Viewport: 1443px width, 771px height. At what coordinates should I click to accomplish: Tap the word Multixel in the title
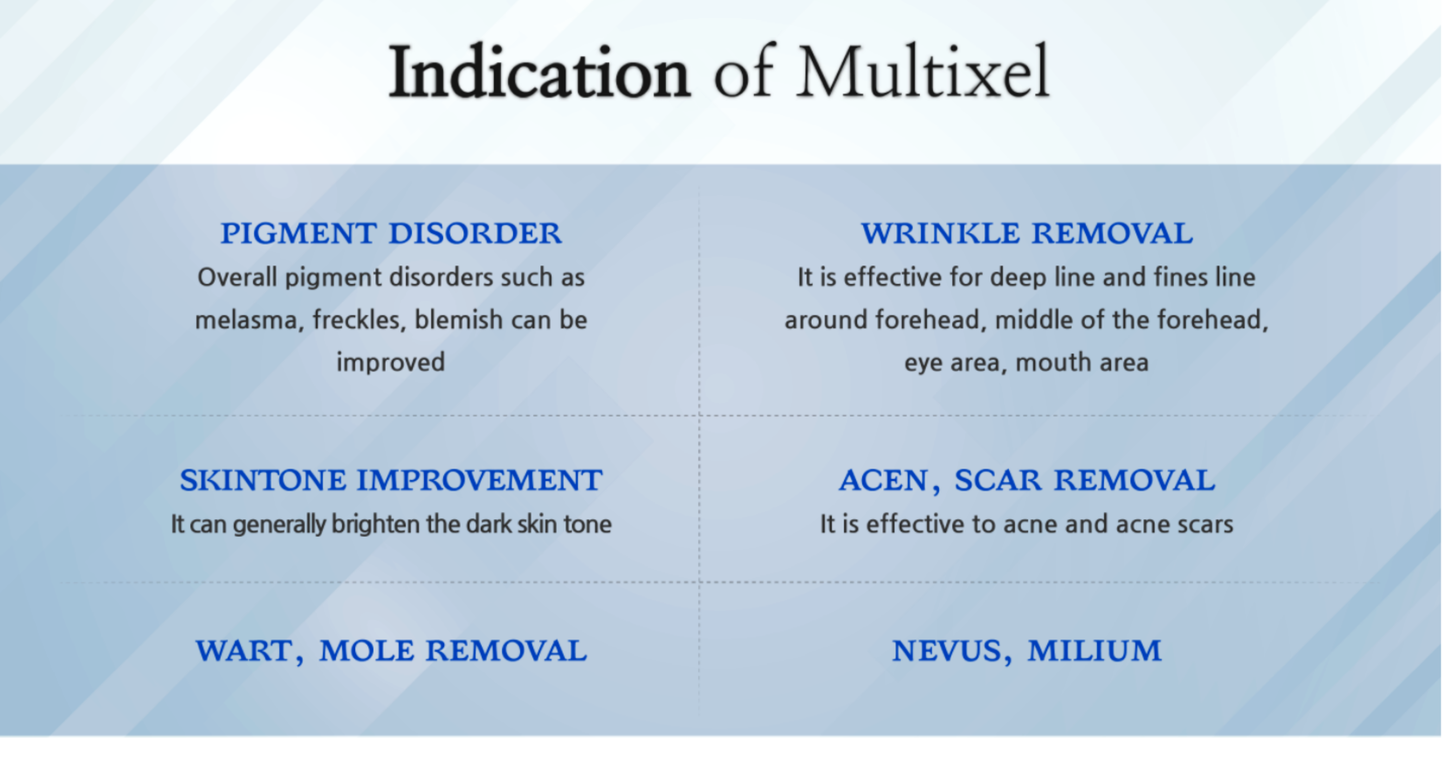[923, 72]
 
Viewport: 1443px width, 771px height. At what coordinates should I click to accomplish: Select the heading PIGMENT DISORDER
[391, 233]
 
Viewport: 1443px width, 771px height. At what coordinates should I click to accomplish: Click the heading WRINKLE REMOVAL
[1027, 233]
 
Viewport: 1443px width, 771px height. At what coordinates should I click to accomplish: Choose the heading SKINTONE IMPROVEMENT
[391, 480]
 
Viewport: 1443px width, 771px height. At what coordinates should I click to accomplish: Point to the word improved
[391, 363]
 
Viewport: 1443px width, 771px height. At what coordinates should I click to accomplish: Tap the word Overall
[238, 277]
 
